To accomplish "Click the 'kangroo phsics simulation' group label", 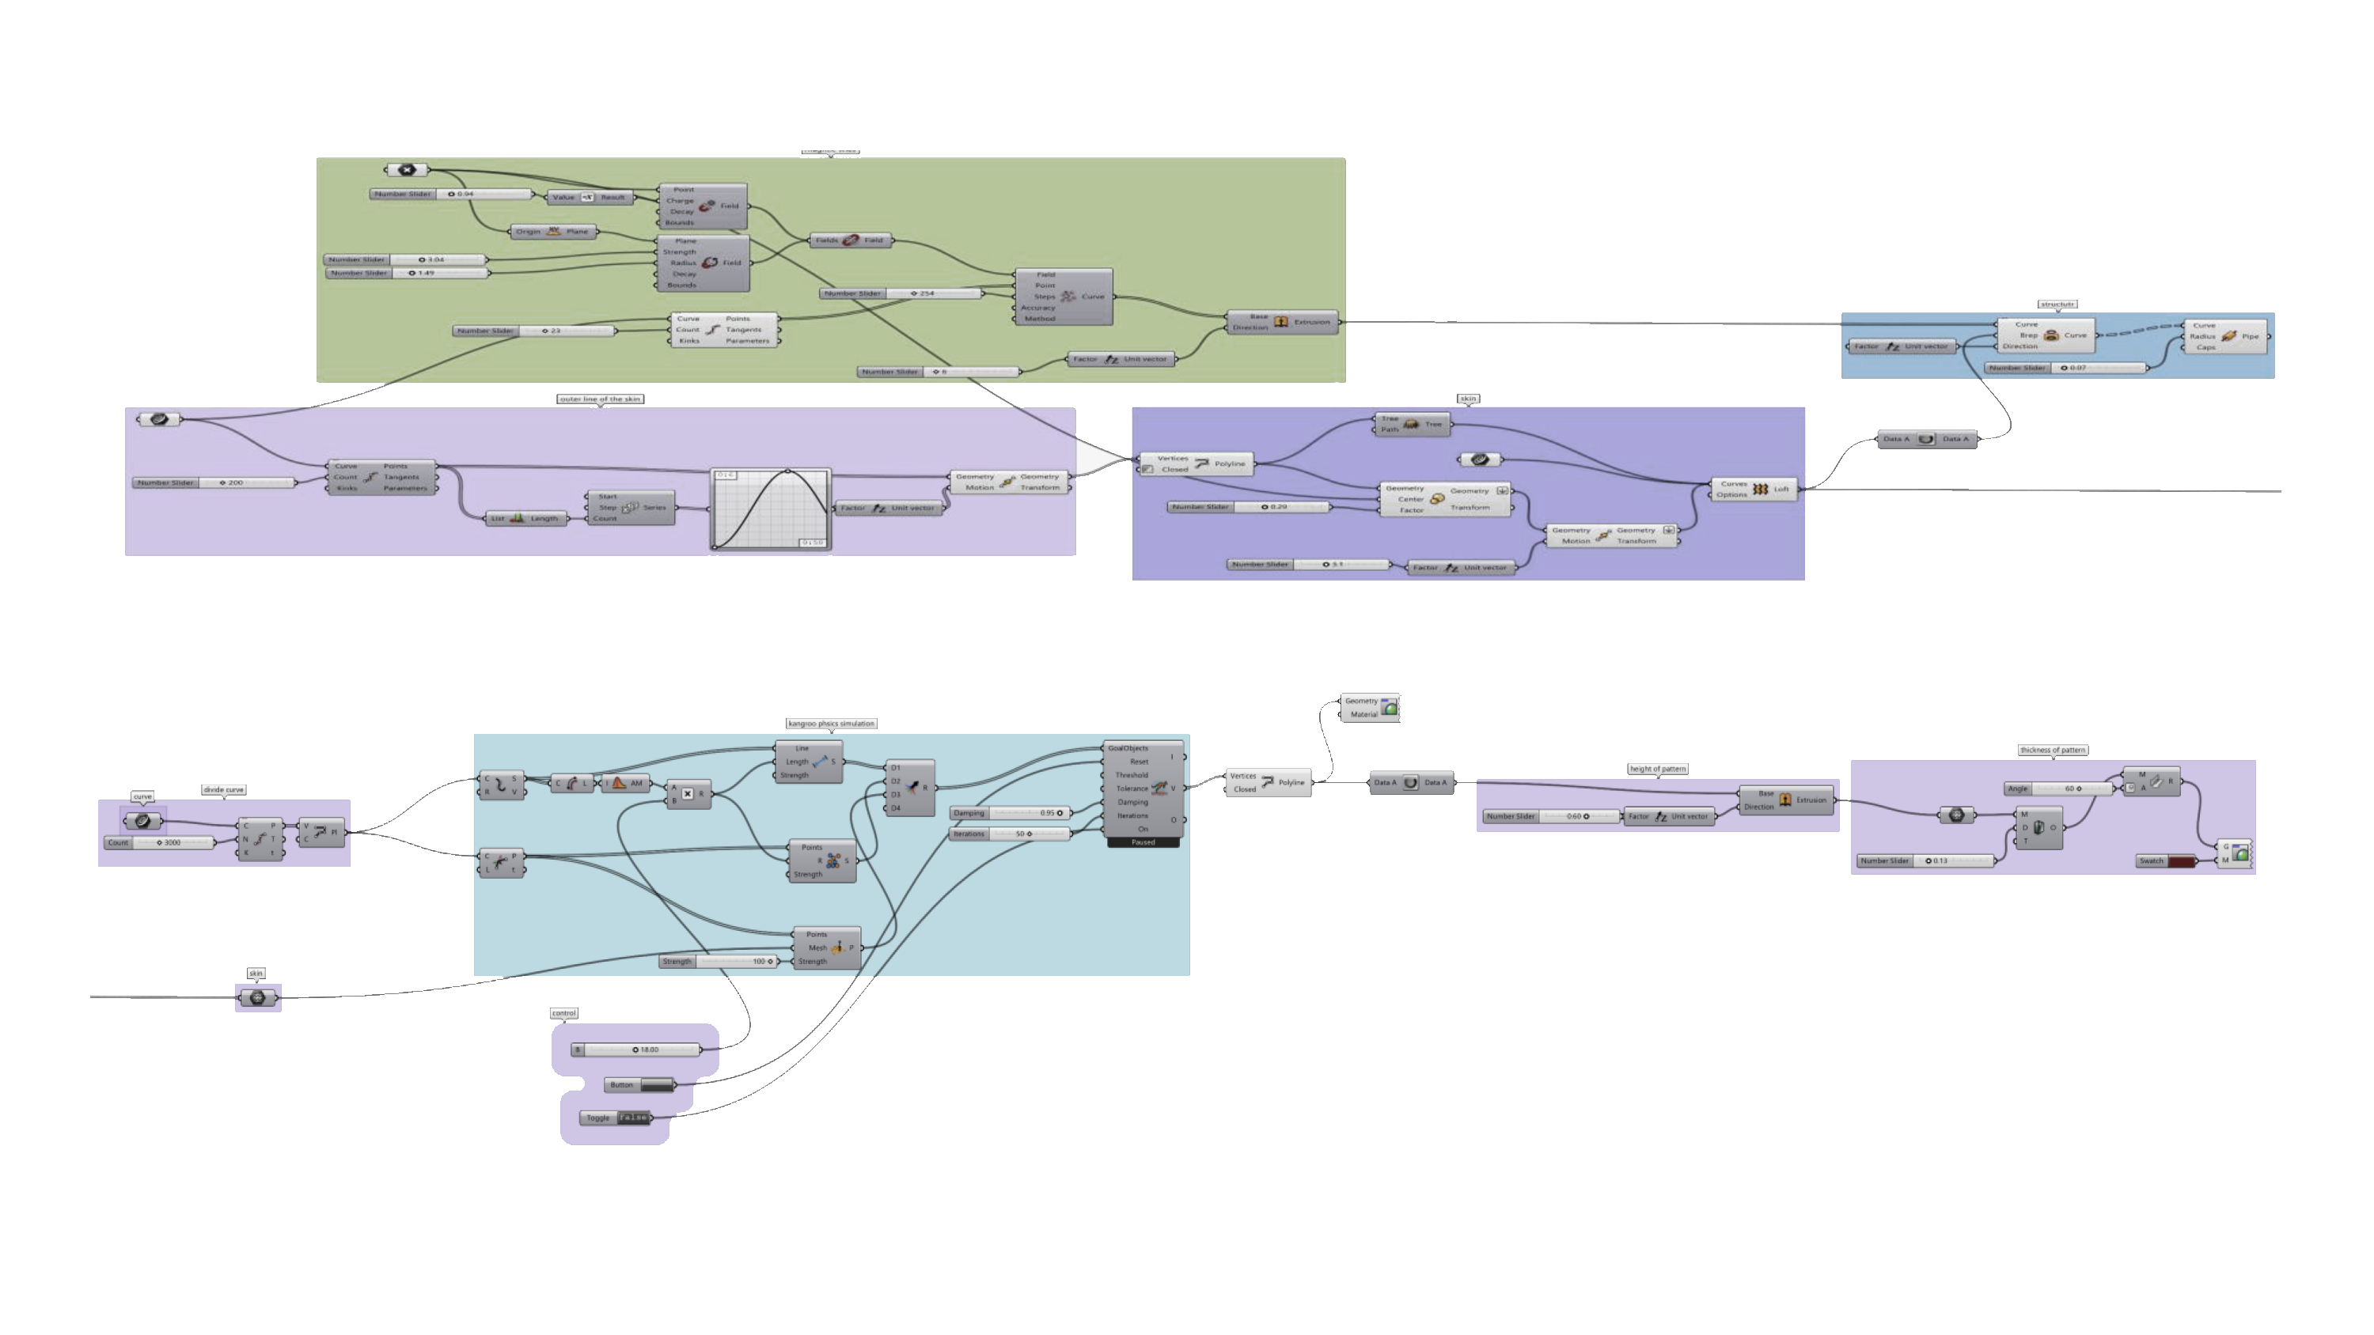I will pos(830,723).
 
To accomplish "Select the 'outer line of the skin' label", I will pos(601,399).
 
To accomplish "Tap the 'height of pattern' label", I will pos(1657,769).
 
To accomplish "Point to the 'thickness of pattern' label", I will pos(2053,750).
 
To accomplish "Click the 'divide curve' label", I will pos(223,789).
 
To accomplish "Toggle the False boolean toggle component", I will pos(632,1118).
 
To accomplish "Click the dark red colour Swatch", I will pos(2182,861).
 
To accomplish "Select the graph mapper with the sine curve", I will pos(772,509).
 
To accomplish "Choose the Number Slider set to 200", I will pos(217,482).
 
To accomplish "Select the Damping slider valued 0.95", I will pos(1011,812).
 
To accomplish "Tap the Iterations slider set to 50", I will pos(1011,834).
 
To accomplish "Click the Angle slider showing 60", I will pos(2059,789).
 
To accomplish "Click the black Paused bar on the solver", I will pos(1143,842).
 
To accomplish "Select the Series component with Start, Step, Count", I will pos(631,508).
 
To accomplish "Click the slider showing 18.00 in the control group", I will pos(636,1049).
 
